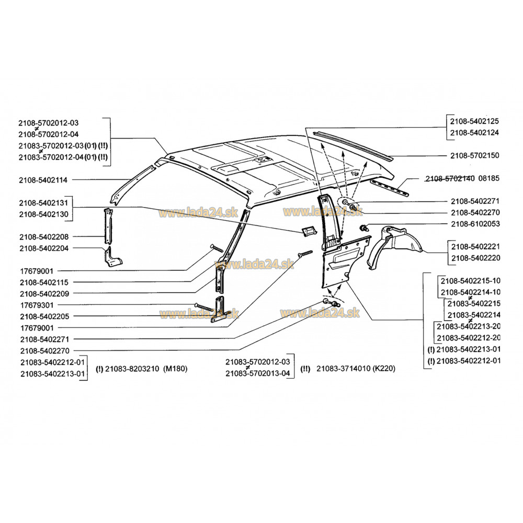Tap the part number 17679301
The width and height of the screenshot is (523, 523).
tap(37, 305)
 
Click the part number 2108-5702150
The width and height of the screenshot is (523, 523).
tap(474, 156)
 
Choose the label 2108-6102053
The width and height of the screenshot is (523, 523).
tap(474, 224)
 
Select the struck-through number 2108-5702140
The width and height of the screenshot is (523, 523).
tap(450, 178)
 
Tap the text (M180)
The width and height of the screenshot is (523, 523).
tap(175, 369)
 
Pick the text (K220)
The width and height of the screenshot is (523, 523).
tap(383, 369)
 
